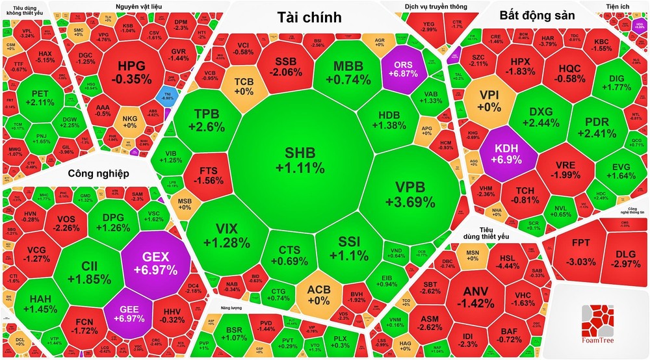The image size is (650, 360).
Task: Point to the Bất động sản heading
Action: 536,16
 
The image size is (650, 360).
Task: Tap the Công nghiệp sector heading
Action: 98,174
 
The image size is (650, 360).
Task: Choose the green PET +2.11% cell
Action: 38,97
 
